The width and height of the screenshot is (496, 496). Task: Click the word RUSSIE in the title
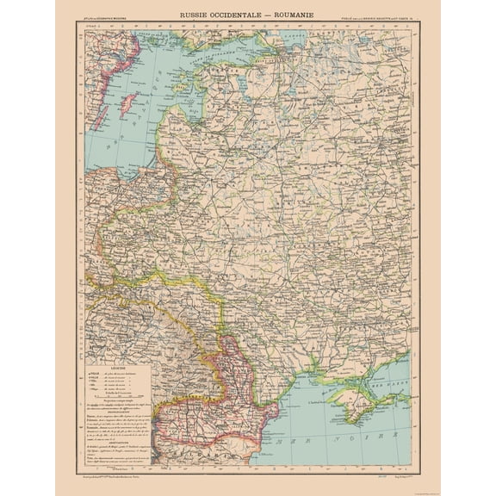click(195, 15)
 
